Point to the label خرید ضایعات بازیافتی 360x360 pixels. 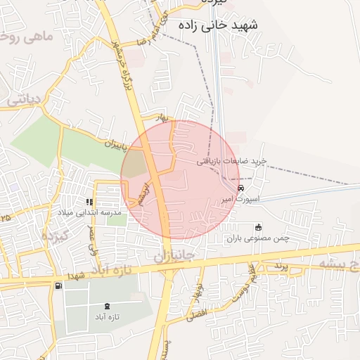pyautogui.click(x=231, y=161)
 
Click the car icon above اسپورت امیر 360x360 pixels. pyautogui.click(x=241, y=188)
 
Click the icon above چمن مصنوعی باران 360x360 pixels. pyautogui.click(x=258, y=227)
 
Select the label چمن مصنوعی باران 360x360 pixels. pyautogui.click(x=257, y=238)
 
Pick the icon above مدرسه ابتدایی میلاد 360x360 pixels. pyautogui.click(x=89, y=202)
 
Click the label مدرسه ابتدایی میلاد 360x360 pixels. pyautogui.click(x=89, y=212)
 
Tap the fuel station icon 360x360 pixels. pyautogui.click(x=56, y=285)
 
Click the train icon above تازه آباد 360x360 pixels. pyautogui.click(x=107, y=306)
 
